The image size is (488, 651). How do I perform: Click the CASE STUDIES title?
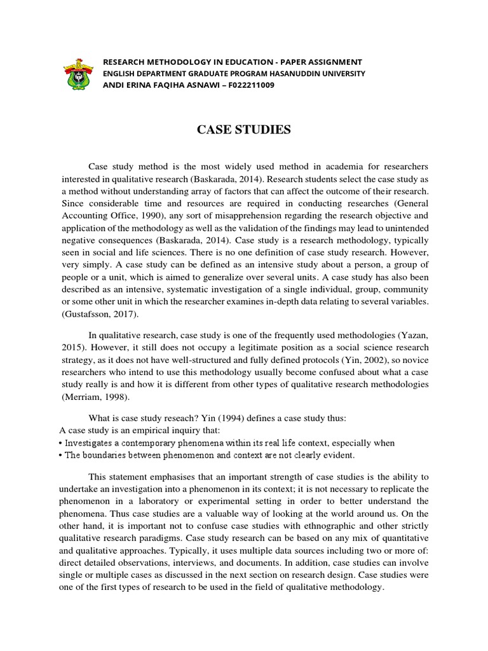244,130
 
